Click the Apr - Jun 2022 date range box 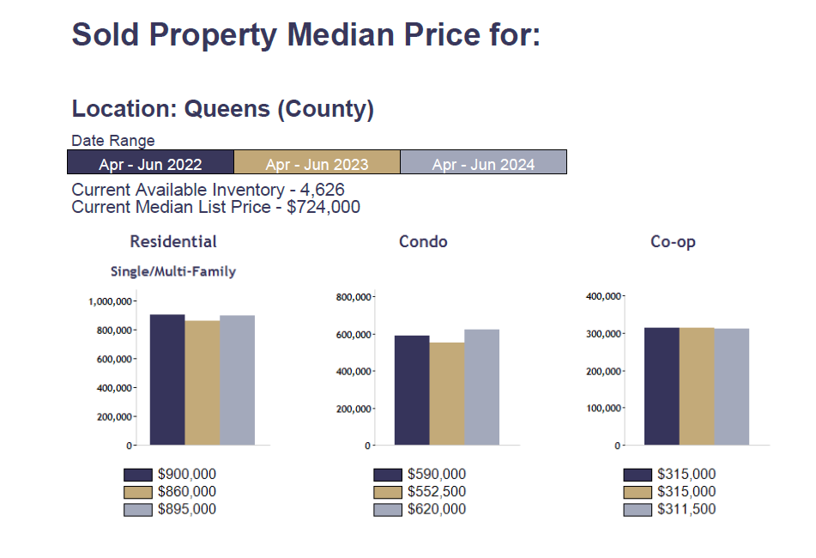pos(150,162)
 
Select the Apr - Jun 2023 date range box pos(317,162)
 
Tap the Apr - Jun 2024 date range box pos(483,162)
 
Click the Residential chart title pos(173,242)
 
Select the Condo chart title pos(423,242)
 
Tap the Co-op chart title pos(673,242)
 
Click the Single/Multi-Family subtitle pos(173,271)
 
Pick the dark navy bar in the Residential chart pos(167,379)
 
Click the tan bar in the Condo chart pos(446,393)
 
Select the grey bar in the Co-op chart pos(732,386)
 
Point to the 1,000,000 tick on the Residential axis pos(110,301)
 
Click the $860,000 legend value pos(187,492)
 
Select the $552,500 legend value pos(437,492)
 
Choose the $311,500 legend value pos(686,510)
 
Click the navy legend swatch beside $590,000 pos(388,475)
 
